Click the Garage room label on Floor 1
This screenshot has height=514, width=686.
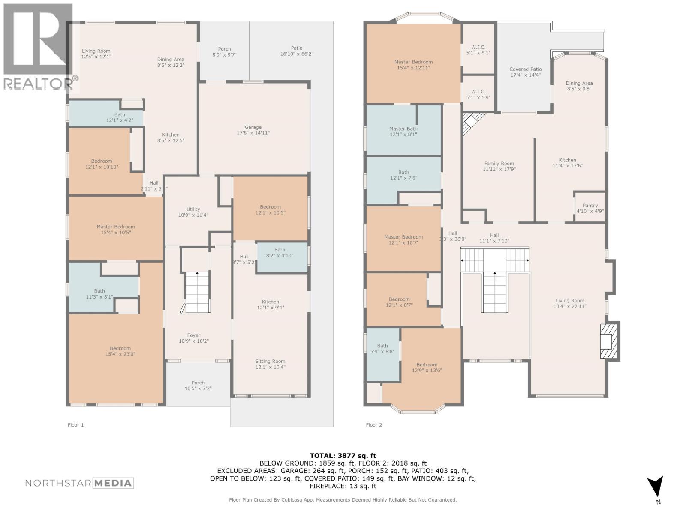253,130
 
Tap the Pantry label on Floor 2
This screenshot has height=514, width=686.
590,208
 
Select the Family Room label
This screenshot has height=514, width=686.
499,166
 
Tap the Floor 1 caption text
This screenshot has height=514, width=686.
75,425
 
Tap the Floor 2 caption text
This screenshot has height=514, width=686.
374,425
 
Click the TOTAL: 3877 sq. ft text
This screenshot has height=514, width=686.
343,456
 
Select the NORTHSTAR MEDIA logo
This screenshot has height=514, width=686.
79,483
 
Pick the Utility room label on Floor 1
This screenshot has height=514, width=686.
193,212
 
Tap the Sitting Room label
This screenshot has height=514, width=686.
270,364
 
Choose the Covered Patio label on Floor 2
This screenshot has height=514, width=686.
525,72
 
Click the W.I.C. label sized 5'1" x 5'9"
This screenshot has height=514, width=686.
478,94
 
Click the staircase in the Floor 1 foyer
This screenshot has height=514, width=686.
197,291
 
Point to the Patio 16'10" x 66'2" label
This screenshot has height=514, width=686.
296,51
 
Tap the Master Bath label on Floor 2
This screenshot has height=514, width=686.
403,131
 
